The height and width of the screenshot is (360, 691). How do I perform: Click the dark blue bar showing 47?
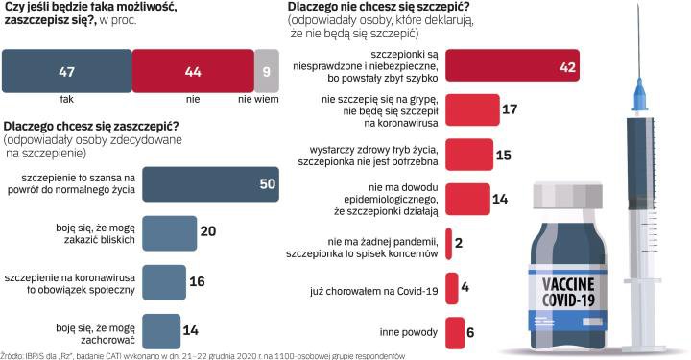tap(67, 71)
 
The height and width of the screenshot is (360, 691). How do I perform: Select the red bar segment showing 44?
tap(193, 71)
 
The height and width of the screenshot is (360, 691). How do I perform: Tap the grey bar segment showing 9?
tap(267, 71)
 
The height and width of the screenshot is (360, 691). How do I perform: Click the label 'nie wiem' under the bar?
tap(258, 100)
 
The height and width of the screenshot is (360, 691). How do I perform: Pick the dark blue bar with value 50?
tap(210, 184)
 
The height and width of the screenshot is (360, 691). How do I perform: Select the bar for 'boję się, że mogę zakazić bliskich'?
tap(170, 233)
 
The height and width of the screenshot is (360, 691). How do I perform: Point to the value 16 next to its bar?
tap(197, 281)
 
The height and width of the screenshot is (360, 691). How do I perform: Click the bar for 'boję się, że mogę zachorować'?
tap(161, 331)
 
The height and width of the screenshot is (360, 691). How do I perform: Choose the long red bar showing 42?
tap(512, 65)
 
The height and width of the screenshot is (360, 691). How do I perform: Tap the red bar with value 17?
tap(472, 109)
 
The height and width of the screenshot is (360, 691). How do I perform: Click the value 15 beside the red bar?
tap(503, 156)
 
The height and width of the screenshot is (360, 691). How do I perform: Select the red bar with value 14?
tap(467, 199)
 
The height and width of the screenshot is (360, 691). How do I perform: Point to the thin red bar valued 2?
tap(448, 244)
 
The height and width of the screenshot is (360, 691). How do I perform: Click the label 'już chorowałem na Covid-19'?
tap(374, 291)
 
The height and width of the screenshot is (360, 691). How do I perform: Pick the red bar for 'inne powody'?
tap(455, 333)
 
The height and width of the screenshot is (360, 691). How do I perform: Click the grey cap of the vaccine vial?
tap(567, 195)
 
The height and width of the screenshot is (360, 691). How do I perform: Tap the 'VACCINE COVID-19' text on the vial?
tap(568, 292)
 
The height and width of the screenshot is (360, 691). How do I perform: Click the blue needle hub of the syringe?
tap(639, 95)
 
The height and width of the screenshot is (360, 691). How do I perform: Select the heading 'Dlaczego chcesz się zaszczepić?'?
tap(91, 126)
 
